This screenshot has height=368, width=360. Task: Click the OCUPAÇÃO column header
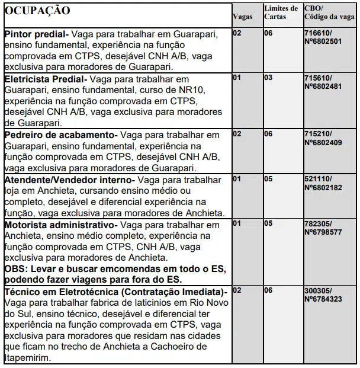coord(37,11)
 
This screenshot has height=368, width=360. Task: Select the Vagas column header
coord(243,17)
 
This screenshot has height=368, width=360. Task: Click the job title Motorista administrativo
coord(61,225)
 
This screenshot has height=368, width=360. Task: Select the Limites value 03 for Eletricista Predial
coord(268,78)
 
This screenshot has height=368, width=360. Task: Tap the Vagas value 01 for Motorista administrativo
coord(237,224)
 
